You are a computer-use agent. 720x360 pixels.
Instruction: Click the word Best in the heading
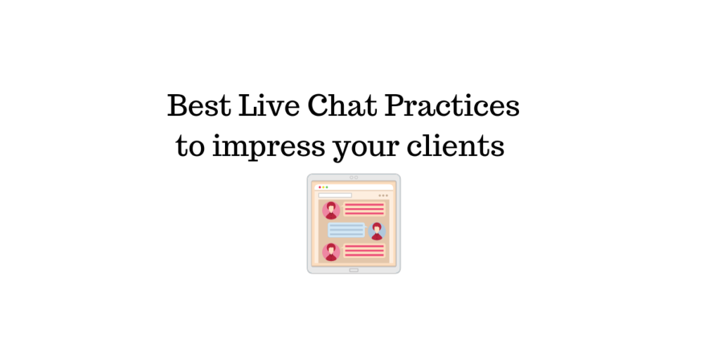(x=198, y=106)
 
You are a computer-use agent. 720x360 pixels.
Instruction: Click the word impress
(x=270, y=147)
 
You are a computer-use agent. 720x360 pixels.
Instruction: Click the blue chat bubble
(x=347, y=230)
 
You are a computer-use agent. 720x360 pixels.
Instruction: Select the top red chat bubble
(x=364, y=209)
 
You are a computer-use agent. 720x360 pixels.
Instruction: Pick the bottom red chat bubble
(x=364, y=251)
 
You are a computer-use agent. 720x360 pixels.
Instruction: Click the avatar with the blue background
(x=377, y=231)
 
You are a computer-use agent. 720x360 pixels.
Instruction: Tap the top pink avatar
(x=330, y=210)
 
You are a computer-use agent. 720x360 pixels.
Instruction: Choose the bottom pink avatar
(x=330, y=251)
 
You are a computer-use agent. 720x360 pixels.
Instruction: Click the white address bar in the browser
(x=335, y=195)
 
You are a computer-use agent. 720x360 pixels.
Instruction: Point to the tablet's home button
(x=354, y=269)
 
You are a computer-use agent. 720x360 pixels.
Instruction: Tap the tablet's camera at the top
(x=354, y=177)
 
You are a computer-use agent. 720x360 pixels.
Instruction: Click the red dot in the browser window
(x=319, y=187)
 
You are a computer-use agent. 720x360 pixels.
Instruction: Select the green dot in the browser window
(x=327, y=187)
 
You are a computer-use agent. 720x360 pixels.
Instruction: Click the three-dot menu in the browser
(x=383, y=195)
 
